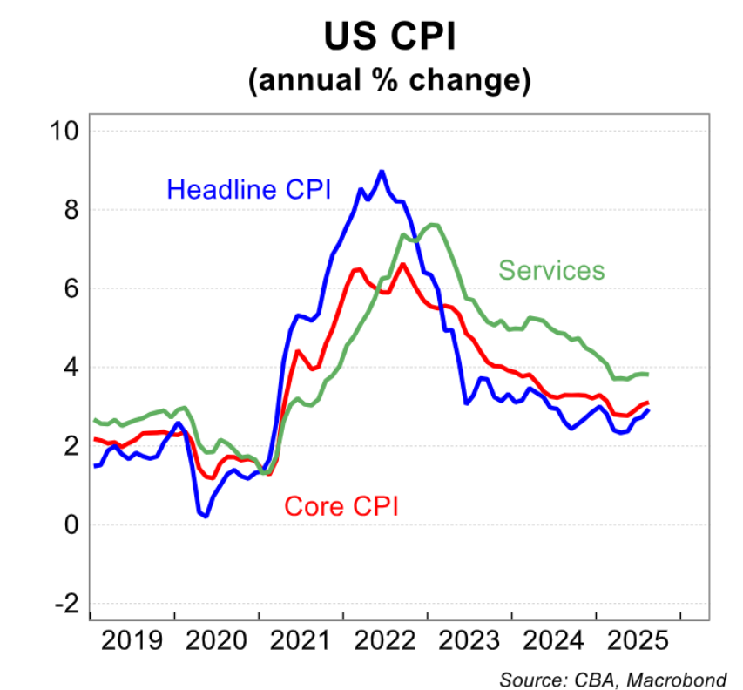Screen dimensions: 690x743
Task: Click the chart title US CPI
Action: pos(388,37)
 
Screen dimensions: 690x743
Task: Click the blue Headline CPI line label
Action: pos(248,189)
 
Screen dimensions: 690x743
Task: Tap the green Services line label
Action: pos(550,270)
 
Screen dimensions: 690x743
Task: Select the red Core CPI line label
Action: pos(341,505)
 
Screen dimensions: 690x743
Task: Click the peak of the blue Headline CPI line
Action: pos(382,171)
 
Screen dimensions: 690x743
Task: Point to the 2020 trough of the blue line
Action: pos(206,516)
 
